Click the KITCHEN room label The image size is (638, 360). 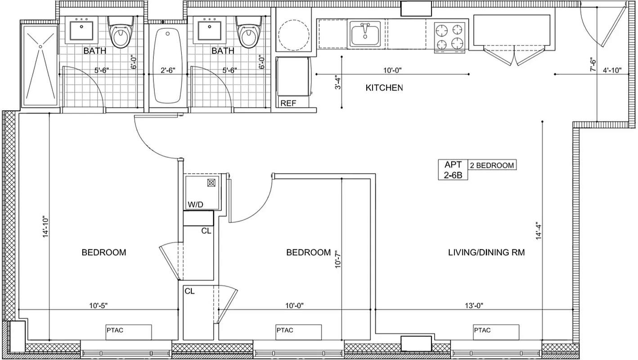[384, 88]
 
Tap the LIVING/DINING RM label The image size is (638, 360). [486, 252]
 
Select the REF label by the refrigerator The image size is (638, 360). [288, 103]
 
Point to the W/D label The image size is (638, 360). [196, 205]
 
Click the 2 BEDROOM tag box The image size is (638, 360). [492, 165]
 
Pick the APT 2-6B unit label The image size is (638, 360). [453, 170]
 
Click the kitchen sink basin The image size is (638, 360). [365, 34]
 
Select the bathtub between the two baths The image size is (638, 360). [168, 66]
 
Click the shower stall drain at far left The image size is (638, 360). [40, 46]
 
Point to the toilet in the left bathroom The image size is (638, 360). [121, 34]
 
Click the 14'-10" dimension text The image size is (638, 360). [45, 228]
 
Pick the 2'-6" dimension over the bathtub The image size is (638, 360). [168, 70]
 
